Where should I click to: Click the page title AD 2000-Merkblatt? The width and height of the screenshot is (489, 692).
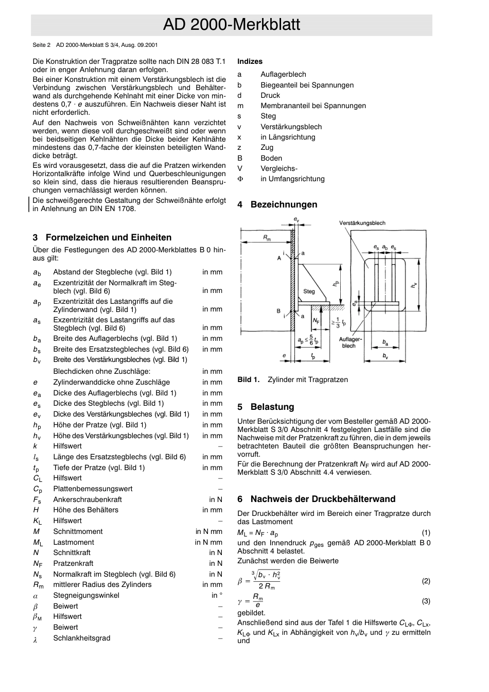click(x=231, y=25)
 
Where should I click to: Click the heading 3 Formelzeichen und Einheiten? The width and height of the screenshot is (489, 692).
click(x=102, y=237)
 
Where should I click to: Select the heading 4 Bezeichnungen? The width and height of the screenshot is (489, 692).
click(x=277, y=204)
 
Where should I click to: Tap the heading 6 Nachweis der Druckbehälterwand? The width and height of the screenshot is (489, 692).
click(x=316, y=499)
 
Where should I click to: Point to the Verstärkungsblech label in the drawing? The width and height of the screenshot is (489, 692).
click(x=362, y=223)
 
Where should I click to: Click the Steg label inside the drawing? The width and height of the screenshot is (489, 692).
click(x=309, y=291)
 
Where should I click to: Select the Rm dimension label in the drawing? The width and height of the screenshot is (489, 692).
click(x=267, y=237)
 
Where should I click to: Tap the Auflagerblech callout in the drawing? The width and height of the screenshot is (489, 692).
click(x=351, y=342)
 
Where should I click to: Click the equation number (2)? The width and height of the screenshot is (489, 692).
click(x=426, y=581)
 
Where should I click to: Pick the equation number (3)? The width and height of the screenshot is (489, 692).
click(x=426, y=601)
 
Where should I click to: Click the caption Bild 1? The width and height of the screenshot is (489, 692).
click(x=248, y=379)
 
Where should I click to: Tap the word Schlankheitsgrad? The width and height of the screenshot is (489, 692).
click(x=81, y=638)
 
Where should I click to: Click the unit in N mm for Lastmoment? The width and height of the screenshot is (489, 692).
click(x=208, y=542)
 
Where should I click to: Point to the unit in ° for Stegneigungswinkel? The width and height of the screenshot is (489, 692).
click(x=217, y=595)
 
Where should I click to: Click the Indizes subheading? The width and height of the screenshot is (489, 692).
click(x=250, y=61)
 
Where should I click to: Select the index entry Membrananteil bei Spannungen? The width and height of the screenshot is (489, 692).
click(x=313, y=106)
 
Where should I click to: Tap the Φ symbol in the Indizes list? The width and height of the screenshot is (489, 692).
click(x=240, y=179)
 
